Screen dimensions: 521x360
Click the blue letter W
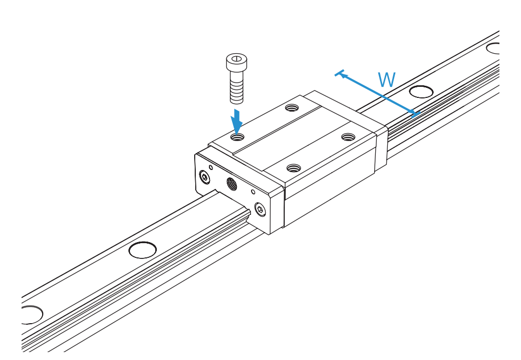[x=387, y=79]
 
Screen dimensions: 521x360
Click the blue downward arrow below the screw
[x=237, y=121]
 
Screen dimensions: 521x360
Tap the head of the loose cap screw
[x=237, y=62]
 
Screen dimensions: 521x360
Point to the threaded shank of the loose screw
[x=237, y=87]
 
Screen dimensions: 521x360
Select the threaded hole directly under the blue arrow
[x=237, y=137]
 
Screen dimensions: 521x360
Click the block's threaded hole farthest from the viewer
[x=293, y=107]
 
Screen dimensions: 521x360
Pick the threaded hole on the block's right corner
[x=348, y=137]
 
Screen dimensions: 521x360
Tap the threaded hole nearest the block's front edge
[x=294, y=168]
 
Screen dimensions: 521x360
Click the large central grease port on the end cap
[x=232, y=184]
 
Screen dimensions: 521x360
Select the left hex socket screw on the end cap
[x=204, y=177]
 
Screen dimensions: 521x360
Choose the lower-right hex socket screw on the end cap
[x=260, y=209]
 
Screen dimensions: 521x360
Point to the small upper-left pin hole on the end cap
[x=211, y=167]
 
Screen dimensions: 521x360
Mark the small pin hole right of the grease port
[x=253, y=192]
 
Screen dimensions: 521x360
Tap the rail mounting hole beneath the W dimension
[x=421, y=92]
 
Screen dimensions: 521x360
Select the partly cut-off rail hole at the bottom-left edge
[x=32, y=315]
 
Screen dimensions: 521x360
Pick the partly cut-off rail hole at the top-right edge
[x=493, y=48]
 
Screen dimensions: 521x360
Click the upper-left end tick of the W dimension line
[x=339, y=73]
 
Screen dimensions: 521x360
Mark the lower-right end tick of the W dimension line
[x=416, y=114]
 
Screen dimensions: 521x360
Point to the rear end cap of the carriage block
[x=382, y=146]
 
